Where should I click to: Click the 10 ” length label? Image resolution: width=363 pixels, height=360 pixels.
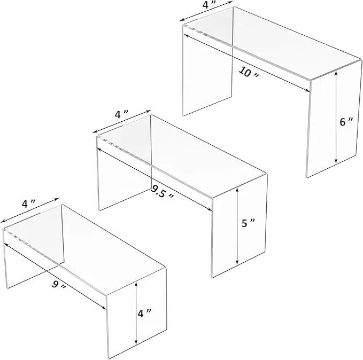coord(249,72)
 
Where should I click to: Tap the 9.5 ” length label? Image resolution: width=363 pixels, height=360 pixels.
coord(162,192)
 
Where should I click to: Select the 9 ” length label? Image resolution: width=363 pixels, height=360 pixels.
coord(59,285)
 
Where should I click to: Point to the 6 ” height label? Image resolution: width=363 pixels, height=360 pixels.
coord(346,122)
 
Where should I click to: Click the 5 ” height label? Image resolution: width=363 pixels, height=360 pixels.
coord(248,223)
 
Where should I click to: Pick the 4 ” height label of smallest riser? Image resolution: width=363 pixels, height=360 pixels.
coord(144,314)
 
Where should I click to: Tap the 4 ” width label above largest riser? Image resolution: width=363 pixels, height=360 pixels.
coord(208,5)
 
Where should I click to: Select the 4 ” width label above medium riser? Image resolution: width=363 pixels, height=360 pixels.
coord(121,114)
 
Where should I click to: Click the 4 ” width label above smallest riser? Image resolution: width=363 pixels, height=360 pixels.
coord(28,204)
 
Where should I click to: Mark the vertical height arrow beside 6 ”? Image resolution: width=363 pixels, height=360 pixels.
coord(336,118)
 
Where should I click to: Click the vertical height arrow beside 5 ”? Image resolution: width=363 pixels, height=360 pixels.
coord(237,226)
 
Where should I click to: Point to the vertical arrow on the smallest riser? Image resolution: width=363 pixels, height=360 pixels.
coord(136,312)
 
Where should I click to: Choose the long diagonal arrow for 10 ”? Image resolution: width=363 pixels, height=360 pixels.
coord(247,63)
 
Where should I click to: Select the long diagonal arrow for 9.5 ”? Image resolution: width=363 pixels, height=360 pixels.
coord(155,179)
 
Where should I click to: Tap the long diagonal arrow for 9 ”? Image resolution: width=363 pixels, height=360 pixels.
coord(55,276)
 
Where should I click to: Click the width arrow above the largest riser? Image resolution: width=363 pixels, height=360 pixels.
coord(206,11)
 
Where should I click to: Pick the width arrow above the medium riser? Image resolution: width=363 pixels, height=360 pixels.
coord(122,121)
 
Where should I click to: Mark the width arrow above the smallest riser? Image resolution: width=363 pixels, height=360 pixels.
coord(30,210)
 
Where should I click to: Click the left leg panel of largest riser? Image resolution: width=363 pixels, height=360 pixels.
coord(207,69)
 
